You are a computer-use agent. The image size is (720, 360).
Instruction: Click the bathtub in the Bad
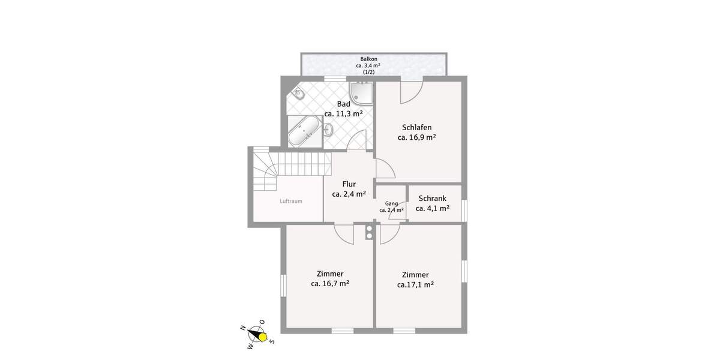[304, 131]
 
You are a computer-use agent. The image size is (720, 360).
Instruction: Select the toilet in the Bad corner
[299, 94]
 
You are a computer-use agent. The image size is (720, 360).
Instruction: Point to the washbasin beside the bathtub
[329, 129]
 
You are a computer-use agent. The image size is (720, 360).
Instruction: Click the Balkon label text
[368, 59]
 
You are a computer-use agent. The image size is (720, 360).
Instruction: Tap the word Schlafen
[416, 127]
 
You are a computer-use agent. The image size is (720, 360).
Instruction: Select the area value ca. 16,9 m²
[416, 137]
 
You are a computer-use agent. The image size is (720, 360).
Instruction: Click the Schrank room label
[433, 198]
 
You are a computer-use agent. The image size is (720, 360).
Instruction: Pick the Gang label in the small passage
[391, 203]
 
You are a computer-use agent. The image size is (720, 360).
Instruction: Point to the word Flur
[349, 184]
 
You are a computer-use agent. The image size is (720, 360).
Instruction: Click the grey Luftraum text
[291, 201]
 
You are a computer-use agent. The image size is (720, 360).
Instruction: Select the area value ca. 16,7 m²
[330, 284]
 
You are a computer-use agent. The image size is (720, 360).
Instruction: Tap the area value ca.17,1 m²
[415, 285]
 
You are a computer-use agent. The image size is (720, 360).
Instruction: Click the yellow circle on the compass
[262, 337]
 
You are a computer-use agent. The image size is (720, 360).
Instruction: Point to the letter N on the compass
[242, 328]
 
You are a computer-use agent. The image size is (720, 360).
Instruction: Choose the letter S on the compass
[272, 341]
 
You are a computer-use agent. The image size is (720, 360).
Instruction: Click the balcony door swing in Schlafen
[411, 91]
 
